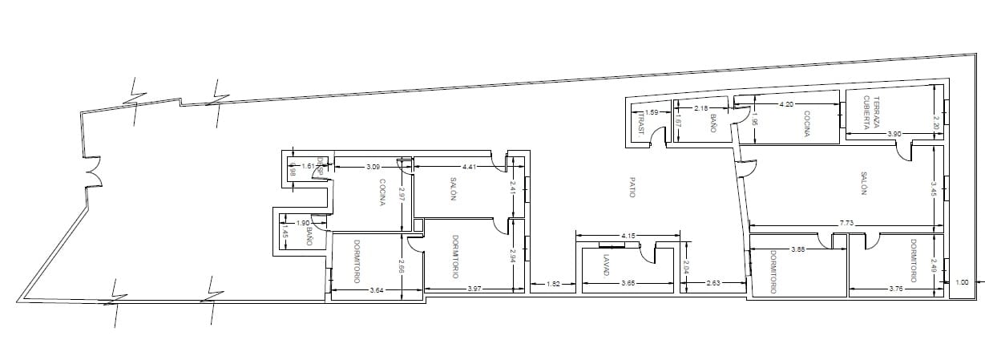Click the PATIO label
(x=632, y=188)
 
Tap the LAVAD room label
(x=608, y=266)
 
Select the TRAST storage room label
(x=642, y=123)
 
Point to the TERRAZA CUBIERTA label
(x=871, y=114)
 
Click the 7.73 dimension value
(x=846, y=222)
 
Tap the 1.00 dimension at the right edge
(x=963, y=281)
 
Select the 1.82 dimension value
(x=553, y=283)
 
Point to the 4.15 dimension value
(x=629, y=236)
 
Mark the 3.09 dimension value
(x=373, y=167)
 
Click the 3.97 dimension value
(x=475, y=288)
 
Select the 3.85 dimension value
(x=798, y=249)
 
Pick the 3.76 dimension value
(x=896, y=289)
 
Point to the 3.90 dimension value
(x=895, y=134)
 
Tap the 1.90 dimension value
(x=304, y=223)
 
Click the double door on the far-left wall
(x=89, y=172)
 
